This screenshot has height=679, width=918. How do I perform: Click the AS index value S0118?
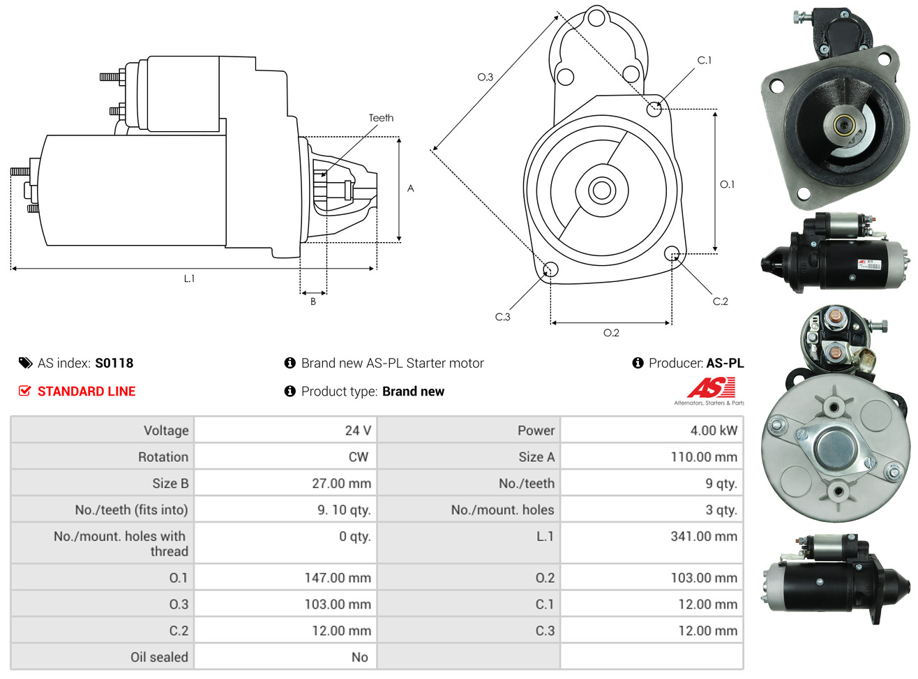point(114,363)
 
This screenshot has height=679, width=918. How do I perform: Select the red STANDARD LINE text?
point(86,391)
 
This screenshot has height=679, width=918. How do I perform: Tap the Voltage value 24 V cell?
point(357,431)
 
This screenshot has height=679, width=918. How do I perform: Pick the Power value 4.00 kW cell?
point(713,431)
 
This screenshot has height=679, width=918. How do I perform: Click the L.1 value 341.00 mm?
point(703,537)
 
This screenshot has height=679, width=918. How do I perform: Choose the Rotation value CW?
point(358,457)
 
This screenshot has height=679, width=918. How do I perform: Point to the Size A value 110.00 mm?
point(703,457)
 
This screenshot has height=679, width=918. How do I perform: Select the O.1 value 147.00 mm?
point(337,578)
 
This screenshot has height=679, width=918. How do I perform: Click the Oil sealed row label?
point(159,657)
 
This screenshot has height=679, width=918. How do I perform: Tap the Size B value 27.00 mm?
point(340,484)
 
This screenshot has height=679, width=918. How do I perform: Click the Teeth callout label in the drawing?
point(381,118)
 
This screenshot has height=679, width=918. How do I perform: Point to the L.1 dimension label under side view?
point(189,278)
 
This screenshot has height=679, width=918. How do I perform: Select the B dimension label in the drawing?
point(313,301)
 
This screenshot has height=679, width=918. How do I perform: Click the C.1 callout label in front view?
point(705,61)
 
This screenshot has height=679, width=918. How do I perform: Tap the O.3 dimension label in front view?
point(485,77)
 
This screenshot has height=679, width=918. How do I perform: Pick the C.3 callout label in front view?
point(502,317)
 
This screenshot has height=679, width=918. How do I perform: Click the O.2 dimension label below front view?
point(611,333)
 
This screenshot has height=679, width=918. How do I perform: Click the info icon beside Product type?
point(290,391)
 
